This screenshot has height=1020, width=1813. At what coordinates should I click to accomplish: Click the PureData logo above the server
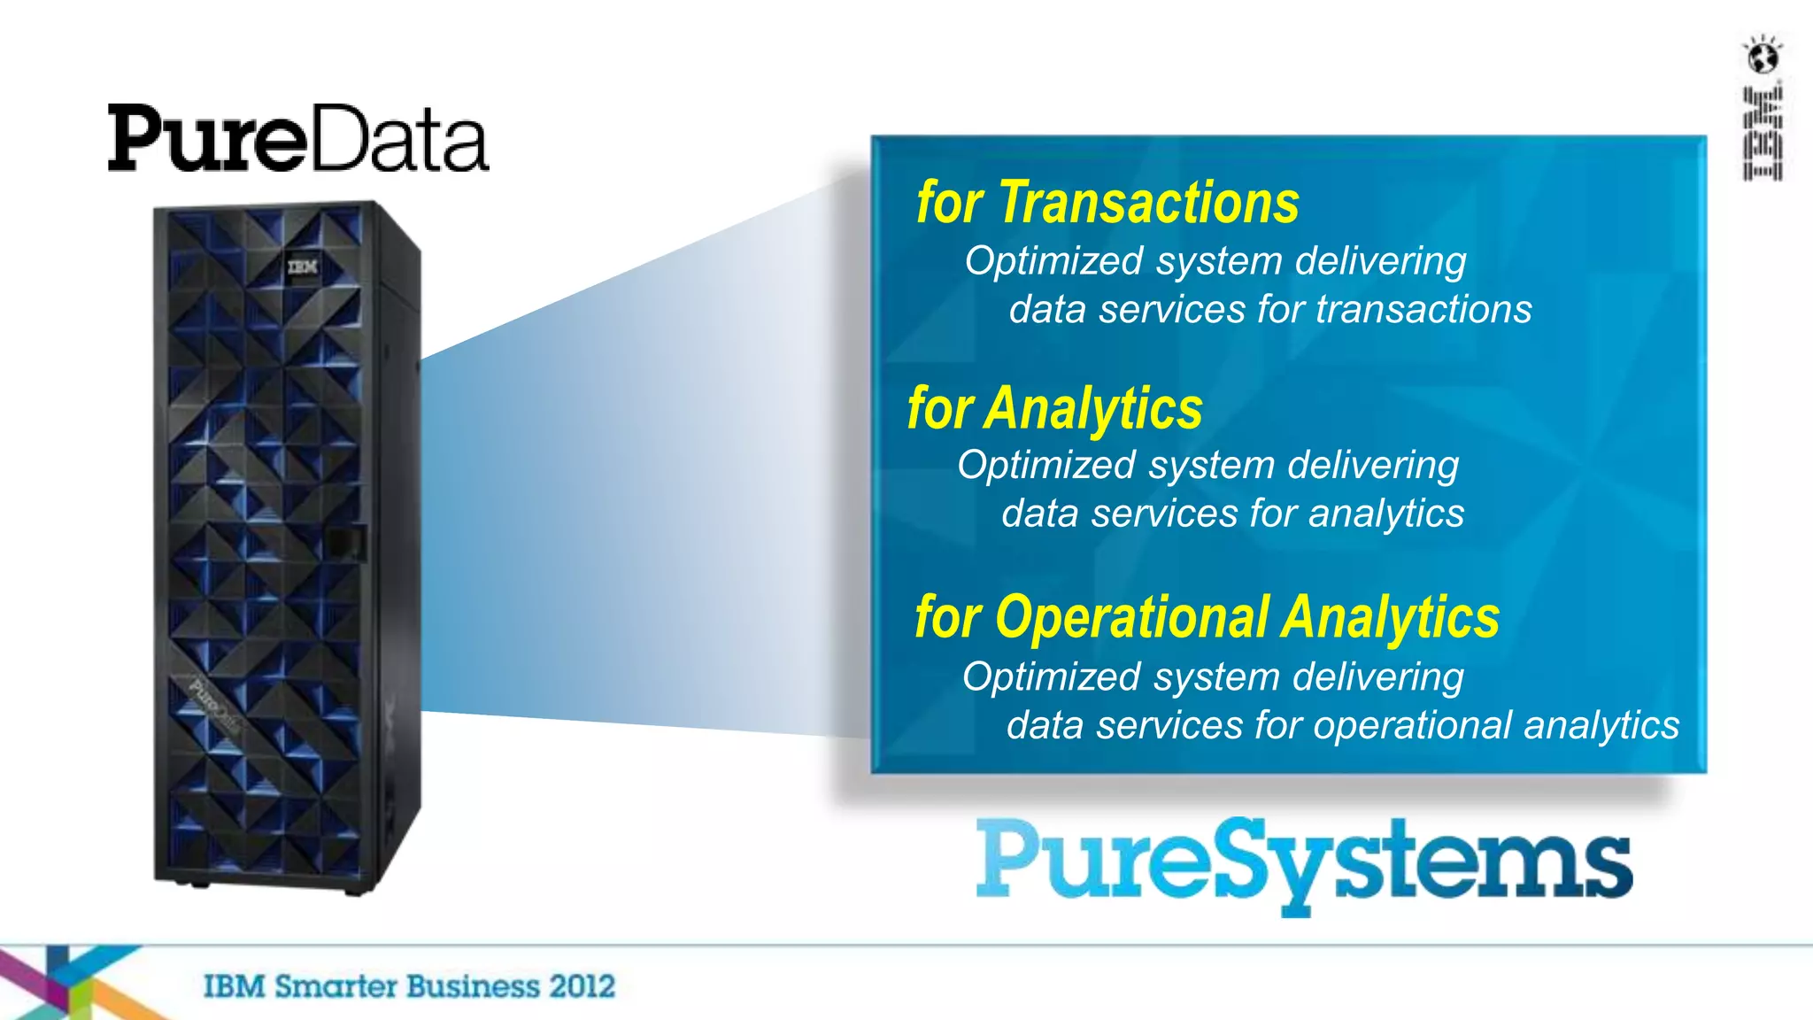point(297,138)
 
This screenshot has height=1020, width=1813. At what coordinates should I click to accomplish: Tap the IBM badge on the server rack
point(302,266)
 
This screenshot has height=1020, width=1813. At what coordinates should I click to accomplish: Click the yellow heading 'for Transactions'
point(1107,204)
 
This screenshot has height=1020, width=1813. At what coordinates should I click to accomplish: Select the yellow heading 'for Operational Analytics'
point(1207,617)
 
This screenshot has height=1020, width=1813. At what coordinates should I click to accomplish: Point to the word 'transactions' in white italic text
point(1423,310)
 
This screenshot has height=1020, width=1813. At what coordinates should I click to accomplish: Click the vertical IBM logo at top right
point(1762,133)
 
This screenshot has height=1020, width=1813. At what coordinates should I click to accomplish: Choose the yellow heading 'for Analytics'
point(1054,409)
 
